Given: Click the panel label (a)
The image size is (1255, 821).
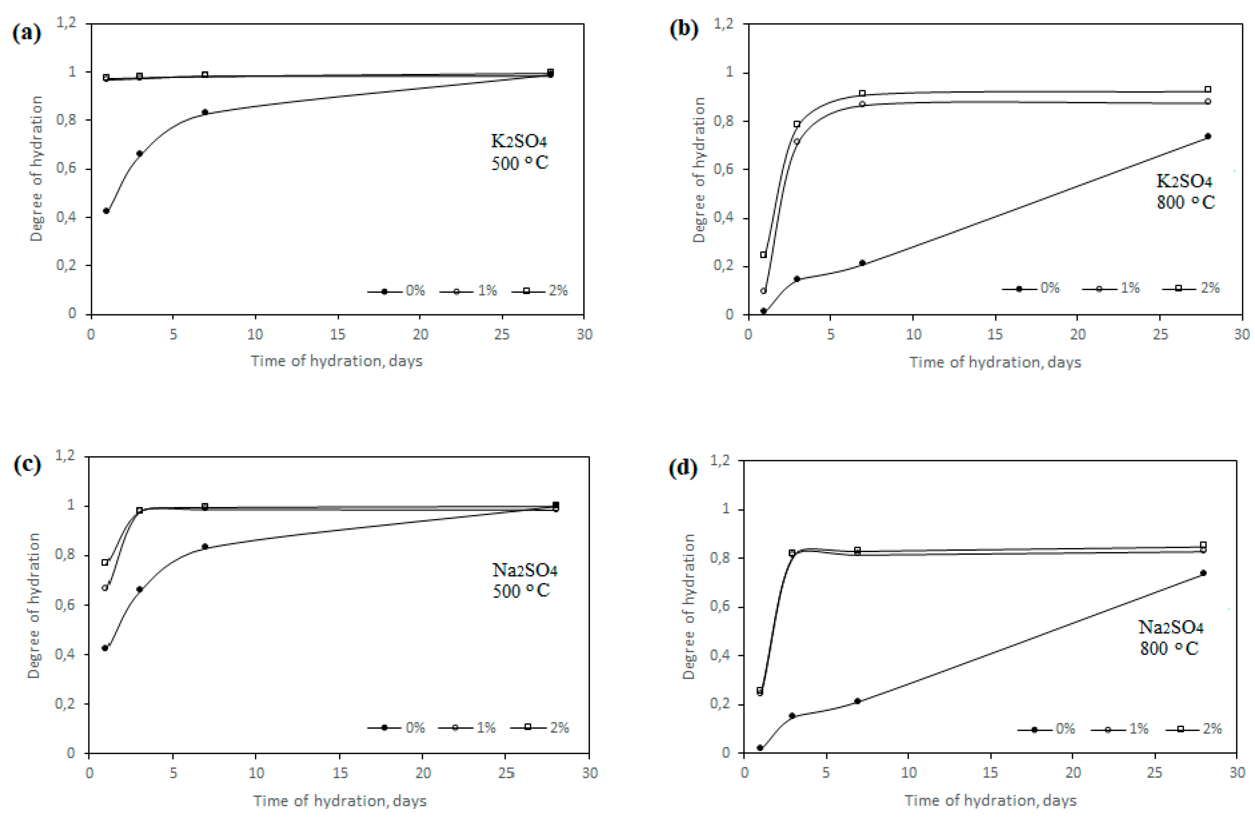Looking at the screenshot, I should [26, 33].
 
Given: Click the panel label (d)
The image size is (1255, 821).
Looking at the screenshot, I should [683, 468].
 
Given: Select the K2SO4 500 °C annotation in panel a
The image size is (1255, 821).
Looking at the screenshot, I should [519, 152].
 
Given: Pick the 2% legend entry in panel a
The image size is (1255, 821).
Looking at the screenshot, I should [540, 291].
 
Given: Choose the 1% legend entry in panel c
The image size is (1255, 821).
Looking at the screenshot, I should [475, 728].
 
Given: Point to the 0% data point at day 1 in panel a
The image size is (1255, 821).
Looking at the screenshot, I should [106, 211].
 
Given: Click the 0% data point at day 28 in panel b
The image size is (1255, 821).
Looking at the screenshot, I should [1208, 136].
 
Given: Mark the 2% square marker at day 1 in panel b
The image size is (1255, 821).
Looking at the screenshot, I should [763, 255].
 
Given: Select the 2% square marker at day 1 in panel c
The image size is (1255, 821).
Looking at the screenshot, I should [105, 563].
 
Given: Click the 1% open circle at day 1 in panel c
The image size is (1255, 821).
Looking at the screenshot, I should [105, 588].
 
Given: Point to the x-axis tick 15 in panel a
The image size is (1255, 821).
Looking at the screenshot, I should [338, 335].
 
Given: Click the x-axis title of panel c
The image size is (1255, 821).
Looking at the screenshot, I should [340, 801].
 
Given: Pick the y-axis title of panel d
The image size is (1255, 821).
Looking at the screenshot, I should [689, 606].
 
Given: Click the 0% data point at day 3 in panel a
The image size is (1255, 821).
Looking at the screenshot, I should [140, 153].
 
